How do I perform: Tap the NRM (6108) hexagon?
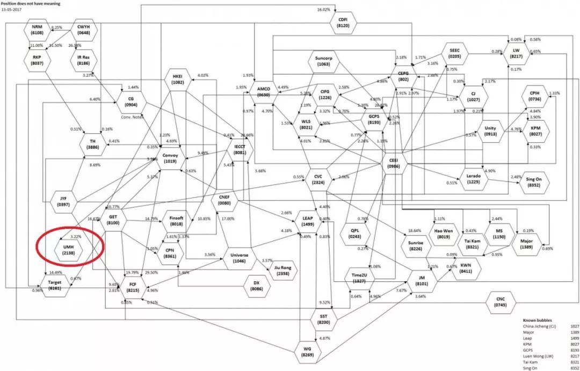37,30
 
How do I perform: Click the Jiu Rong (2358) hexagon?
282,270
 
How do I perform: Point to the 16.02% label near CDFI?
323,10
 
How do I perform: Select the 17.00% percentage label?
228,219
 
